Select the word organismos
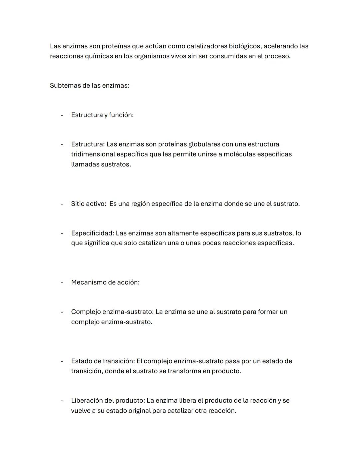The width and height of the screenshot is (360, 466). pyautogui.click(x=151, y=56)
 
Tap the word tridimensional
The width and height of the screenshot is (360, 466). pyautogui.click(x=93, y=154)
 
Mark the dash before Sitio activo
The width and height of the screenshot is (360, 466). pyautogui.click(x=62, y=204)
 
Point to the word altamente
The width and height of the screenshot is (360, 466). pyautogui.click(x=182, y=233)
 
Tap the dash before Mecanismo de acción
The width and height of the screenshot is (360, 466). pyautogui.click(x=62, y=283)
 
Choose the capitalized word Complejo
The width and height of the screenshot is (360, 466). pyautogui.click(x=86, y=312)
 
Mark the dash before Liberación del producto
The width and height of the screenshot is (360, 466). pyautogui.click(x=62, y=401)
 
